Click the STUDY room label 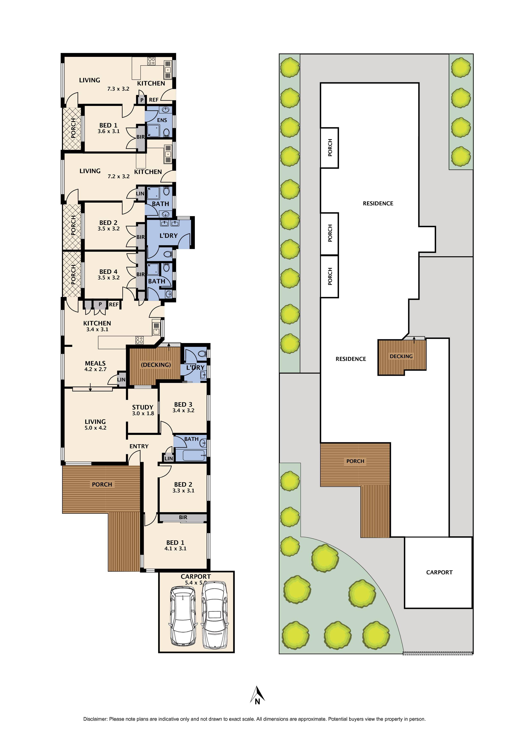(142, 407)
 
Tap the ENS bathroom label (162, 120)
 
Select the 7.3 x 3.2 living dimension (118, 89)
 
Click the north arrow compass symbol (258, 695)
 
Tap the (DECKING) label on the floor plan (156, 365)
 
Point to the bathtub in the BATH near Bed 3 (194, 455)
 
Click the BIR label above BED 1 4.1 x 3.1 (183, 517)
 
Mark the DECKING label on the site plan (401, 356)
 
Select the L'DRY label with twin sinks (168, 235)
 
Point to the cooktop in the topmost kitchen (151, 61)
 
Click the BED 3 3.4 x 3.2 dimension (183, 411)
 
